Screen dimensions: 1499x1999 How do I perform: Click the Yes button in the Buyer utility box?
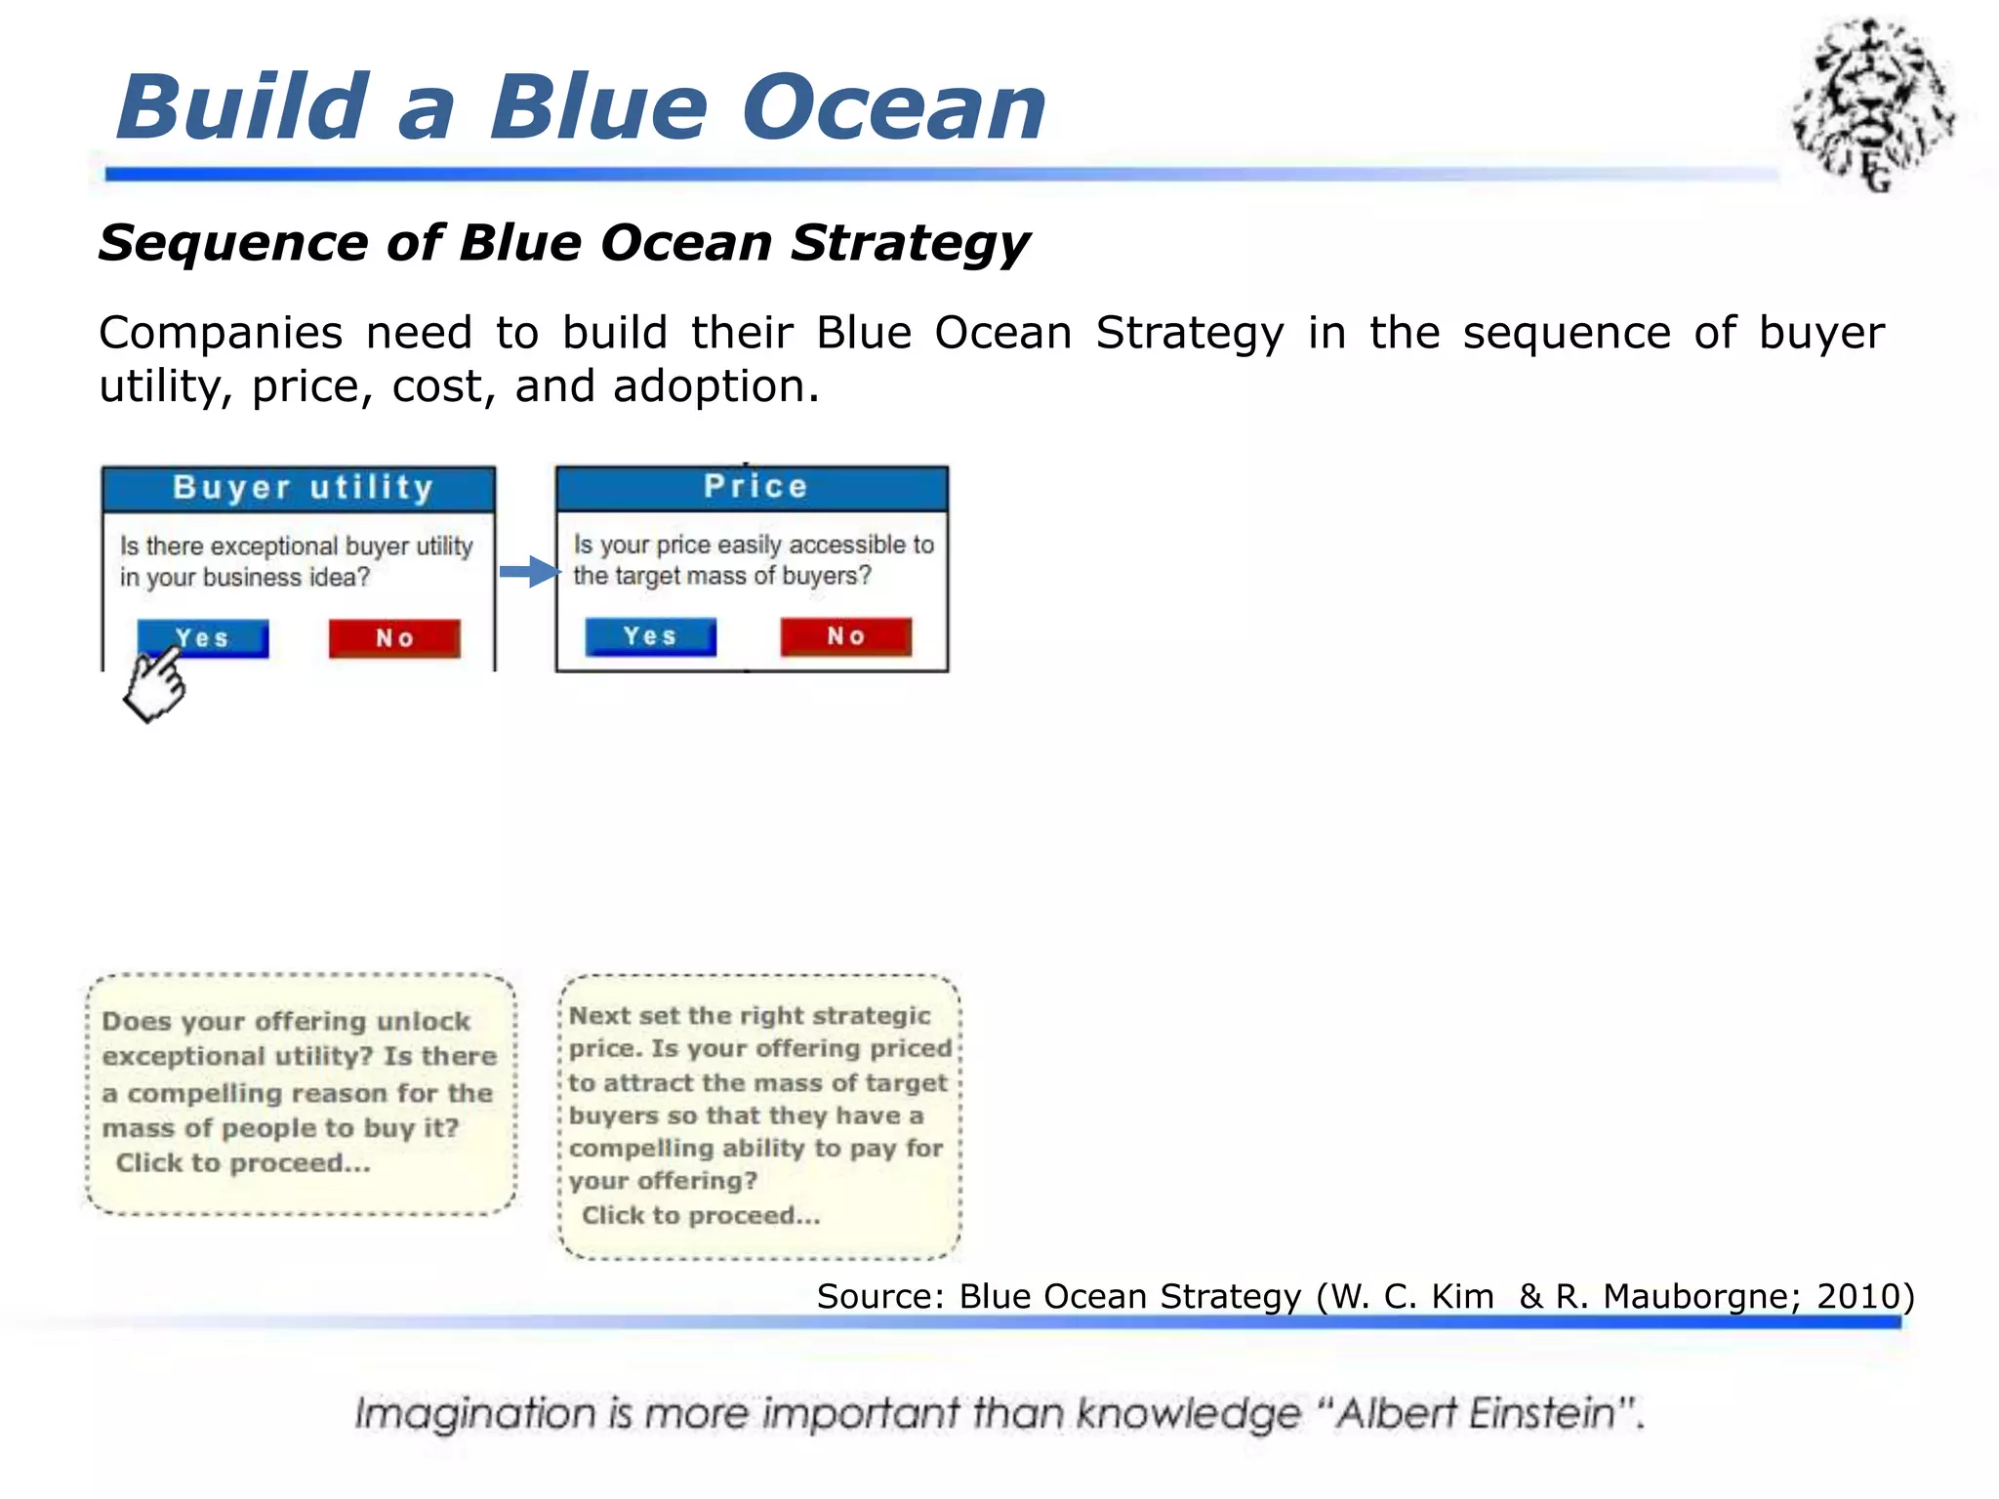[203, 638]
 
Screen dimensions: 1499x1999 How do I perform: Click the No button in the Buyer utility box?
[394, 638]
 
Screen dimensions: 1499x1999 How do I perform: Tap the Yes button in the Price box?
[650, 636]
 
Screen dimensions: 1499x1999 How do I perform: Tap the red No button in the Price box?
[845, 636]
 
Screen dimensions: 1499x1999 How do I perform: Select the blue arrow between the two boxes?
[529, 572]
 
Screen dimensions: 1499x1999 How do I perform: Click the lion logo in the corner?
[1872, 103]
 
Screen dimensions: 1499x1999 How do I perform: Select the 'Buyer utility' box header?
[300, 488]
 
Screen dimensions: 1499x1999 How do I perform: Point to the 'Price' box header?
[753, 487]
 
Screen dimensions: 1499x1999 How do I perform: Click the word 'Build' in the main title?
[243, 107]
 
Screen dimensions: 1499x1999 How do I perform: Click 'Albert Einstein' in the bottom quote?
[1477, 1413]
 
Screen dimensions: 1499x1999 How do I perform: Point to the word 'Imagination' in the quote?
[474, 1413]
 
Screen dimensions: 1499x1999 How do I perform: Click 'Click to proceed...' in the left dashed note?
[243, 1163]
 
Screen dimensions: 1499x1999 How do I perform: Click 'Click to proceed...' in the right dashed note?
[701, 1216]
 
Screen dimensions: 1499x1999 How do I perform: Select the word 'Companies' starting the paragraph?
[221, 334]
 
